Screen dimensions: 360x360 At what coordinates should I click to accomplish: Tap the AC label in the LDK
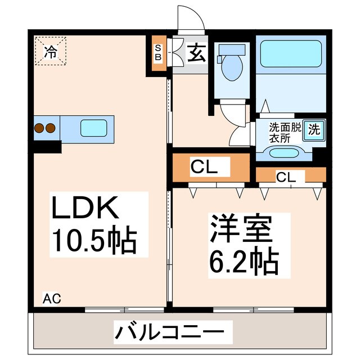[52, 298]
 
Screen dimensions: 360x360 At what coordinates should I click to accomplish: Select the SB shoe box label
[158, 52]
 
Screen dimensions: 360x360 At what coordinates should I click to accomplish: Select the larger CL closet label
[203, 167]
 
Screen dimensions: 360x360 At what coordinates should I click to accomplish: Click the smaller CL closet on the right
[286, 176]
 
